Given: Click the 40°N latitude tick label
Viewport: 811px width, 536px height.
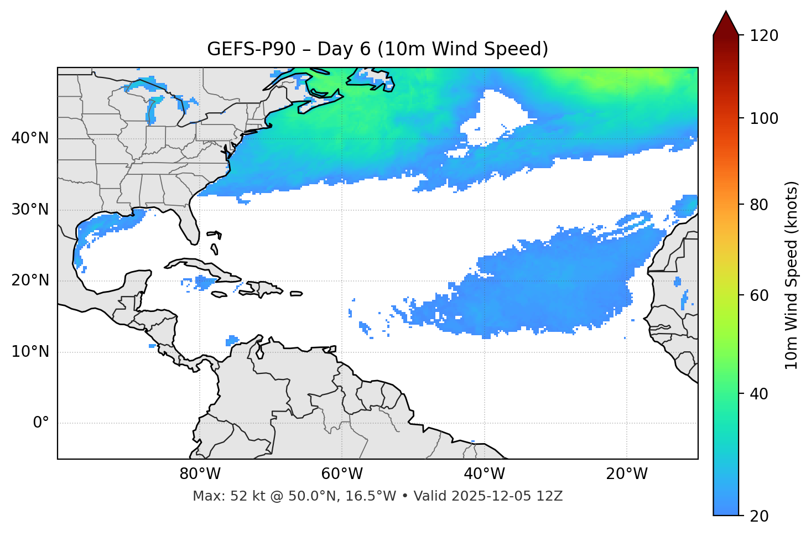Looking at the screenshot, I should point(30,138).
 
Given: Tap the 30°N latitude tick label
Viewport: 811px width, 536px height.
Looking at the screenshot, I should point(30,210).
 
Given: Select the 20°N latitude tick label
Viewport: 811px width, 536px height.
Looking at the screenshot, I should point(30,280).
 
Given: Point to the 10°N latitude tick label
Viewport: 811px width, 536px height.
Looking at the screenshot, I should point(30,352).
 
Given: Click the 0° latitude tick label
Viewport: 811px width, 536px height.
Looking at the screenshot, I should point(41,423).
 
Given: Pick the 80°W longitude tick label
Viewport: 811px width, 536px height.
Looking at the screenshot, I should point(200,474).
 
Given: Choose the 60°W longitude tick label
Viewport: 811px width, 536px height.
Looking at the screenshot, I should point(342,474).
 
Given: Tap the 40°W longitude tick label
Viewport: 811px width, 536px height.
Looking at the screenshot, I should point(484,474).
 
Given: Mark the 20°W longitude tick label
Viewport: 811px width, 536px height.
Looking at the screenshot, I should point(626,474).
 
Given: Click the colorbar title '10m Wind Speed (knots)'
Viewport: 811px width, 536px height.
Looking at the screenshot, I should point(792,275).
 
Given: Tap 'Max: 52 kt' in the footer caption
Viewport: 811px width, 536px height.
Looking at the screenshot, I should point(219,496).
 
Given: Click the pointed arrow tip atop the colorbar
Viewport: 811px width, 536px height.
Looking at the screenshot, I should point(726,14).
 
